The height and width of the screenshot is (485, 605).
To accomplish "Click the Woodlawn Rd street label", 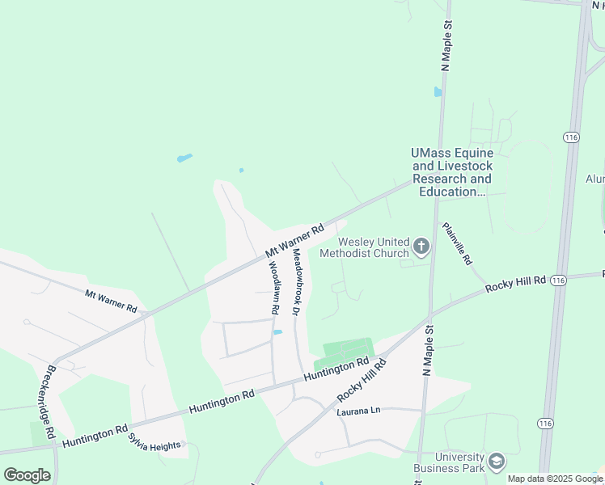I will point(273,287).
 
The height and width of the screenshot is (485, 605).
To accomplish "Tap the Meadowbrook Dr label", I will point(297,280).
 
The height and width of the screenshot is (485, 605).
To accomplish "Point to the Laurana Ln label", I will point(358,412).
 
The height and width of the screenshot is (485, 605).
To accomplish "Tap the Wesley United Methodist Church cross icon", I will point(421,246).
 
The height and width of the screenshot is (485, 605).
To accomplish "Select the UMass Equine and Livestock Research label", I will point(451,172).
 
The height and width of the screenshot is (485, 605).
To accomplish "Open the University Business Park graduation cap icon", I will point(496,462).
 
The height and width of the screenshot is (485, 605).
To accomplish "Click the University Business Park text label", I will point(448,462).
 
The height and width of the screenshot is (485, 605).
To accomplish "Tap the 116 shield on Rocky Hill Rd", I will point(557,280).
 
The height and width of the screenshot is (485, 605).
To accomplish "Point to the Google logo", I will point(27,474).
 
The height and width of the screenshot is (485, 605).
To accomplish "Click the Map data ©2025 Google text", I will point(555,479).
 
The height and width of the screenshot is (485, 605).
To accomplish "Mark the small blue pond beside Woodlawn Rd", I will point(277,331).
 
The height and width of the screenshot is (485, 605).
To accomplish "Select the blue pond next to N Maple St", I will point(438,91).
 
